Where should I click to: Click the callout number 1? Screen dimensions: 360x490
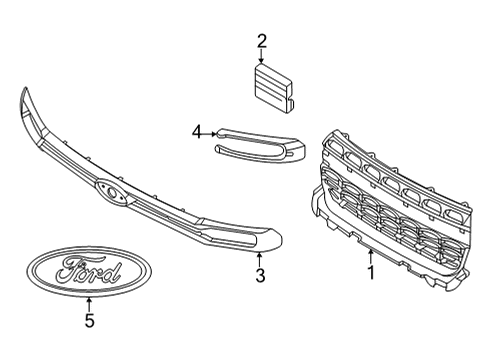click(x=371, y=272)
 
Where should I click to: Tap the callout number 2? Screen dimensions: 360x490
click(x=262, y=41)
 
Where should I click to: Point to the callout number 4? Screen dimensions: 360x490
click(x=198, y=130)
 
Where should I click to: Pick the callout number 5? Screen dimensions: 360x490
click(x=89, y=320)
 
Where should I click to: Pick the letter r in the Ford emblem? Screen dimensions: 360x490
click(x=97, y=272)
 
